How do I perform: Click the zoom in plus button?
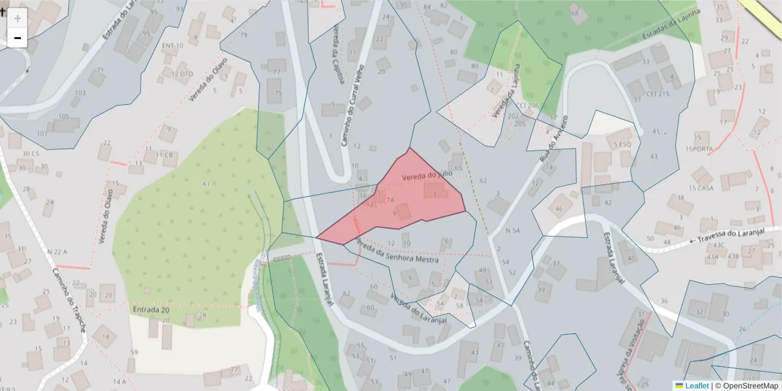click(17, 18)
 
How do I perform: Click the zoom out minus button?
click(17, 38)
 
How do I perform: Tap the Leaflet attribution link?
click(696, 386)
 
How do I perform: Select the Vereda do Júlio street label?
click(427, 176)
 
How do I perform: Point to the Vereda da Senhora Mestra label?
click(398, 253)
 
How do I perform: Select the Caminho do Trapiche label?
click(68, 300)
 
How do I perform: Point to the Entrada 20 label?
click(151, 310)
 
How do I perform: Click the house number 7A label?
click(390, 200)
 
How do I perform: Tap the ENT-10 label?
click(173, 46)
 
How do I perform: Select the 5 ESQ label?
click(623, 144)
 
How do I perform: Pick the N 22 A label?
click(57, 252)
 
